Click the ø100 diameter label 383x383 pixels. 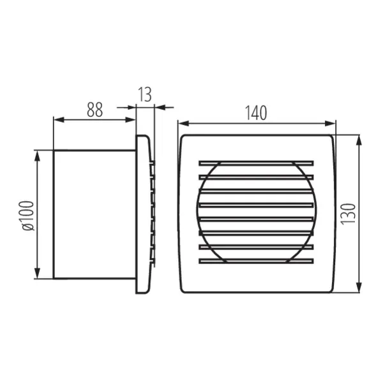27,214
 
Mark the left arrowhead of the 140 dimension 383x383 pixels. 181,123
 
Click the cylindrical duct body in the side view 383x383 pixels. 94,214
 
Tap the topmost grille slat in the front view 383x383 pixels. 256,162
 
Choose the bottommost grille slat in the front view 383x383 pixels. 256,260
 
